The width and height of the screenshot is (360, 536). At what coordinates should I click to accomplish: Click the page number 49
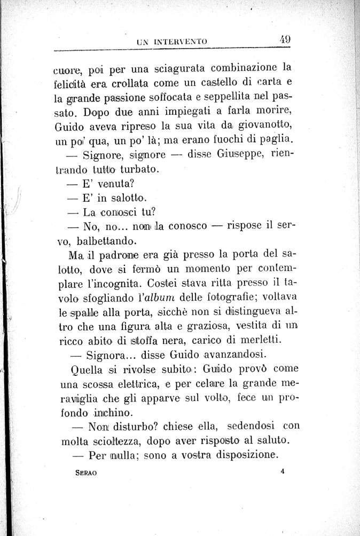point(284,39)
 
